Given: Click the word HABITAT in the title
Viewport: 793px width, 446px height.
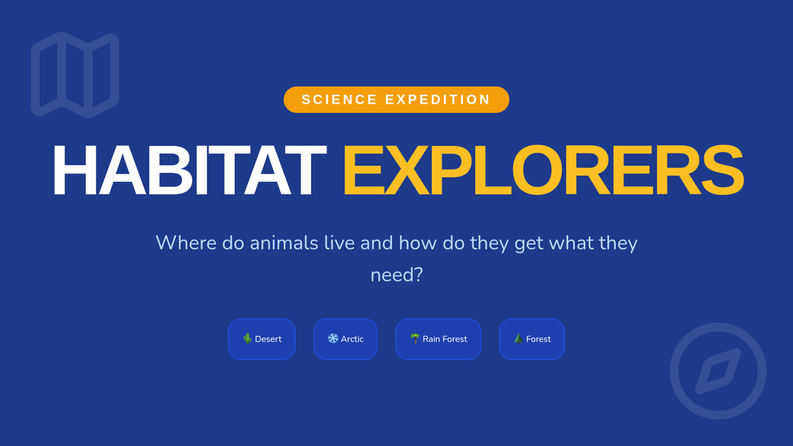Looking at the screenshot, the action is pyautogui.click(x=190, y=170).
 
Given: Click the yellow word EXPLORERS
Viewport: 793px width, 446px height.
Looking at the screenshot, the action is pyautogui.click(x=543, y=170).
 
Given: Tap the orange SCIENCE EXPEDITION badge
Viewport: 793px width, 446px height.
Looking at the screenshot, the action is pyautogui.click(x=396, y=100).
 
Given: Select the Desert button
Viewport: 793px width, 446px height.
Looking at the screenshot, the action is pyautogui.click(x=262, y=339).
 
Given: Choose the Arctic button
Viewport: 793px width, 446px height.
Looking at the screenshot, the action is pyautogui.click(x=346, y=339).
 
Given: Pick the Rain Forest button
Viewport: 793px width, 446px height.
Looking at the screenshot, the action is pyautogui.click(x=438, y=339).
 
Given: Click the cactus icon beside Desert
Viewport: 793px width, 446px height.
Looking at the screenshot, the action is pyautogui.click(x=247, y=339).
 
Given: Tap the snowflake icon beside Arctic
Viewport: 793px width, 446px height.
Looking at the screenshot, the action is pyautogui.click(x=333, y=339).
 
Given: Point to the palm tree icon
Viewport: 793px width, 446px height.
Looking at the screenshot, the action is pyautogui.click(x=415, y=339).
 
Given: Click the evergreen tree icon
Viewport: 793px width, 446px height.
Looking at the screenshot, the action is pyautogui.click(x=518, y=339).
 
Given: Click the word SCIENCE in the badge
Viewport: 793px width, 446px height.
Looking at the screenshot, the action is pyautogui.click(x=339, y=100).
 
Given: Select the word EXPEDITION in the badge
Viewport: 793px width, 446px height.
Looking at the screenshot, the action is pyautogui.click(x=437, y=100).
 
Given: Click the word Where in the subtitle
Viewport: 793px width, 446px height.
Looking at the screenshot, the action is pyautogui.click(x=186, y=243).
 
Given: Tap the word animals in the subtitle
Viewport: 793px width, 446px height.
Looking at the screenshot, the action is pyautogui.click(x=284, y=243).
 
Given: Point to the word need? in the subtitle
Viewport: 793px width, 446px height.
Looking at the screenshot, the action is pyautogui.click(x=397, y=275).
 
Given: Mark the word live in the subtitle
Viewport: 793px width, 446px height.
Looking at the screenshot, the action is pyautogui.click(x=340, y=243).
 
